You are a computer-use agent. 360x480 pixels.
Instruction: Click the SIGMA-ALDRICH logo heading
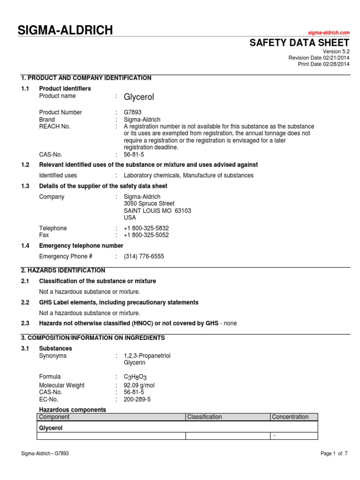coord(65,31)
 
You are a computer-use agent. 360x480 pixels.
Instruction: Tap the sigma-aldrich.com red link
coord(329,32)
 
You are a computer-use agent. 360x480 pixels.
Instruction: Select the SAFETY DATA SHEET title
coord(299,43)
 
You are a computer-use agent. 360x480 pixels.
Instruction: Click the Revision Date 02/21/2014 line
coord(319,58)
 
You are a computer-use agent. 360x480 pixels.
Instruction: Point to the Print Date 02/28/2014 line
coord(324,64)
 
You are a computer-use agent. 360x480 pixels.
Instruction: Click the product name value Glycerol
coord(139,97)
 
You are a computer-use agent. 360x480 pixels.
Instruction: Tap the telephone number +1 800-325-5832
coord(146,228)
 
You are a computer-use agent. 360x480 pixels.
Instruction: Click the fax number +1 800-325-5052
coord(146,235)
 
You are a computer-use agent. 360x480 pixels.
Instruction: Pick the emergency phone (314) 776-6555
coord(144,256)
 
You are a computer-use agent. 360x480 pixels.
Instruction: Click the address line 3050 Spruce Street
coord(149,204)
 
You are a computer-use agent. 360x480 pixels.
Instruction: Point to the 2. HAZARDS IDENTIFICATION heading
coord(63,270)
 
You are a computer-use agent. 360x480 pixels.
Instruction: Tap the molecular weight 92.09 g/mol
coord(139,385)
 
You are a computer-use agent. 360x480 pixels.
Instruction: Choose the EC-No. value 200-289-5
coord(137,399)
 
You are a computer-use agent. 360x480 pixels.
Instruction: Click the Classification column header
coord(204,417)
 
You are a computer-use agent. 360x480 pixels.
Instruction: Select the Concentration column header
coord(291,417)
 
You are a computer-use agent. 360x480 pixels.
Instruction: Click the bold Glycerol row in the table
coord(51,428)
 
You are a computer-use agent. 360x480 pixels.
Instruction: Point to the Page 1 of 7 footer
coord(334,454)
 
